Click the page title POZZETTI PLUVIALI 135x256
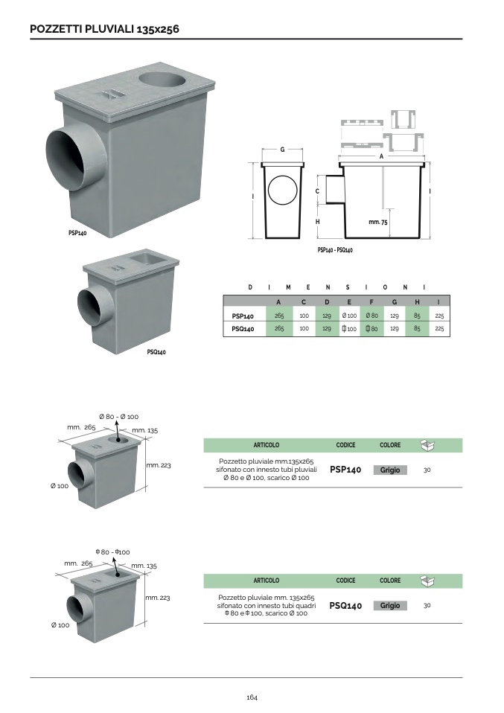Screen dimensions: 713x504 coord(104,29)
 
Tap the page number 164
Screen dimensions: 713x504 coord(252,697)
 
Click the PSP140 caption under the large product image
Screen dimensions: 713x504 coord(77,233)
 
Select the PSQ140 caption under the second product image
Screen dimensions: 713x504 coord(156,352)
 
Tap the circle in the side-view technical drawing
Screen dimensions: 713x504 coord(282,191)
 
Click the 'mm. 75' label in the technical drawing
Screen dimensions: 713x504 coord(378,223)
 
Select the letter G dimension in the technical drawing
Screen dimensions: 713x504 coord(282,150)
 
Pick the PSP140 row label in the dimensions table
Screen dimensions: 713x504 coord(243,316)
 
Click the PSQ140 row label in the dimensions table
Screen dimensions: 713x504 coord(243,328)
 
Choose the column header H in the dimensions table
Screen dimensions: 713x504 coord(417,301)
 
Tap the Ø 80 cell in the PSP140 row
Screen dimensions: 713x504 coord(371,316)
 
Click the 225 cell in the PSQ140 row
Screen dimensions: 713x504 coord(439,328)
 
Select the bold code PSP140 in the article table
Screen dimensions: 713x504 coord(345,470)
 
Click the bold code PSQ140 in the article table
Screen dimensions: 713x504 coord(345,606)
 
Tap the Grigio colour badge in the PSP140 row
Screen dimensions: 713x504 coord(390,470)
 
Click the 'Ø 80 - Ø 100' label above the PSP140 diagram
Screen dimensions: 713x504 coord(119,416)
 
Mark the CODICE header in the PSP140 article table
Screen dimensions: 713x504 coord(345,445)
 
